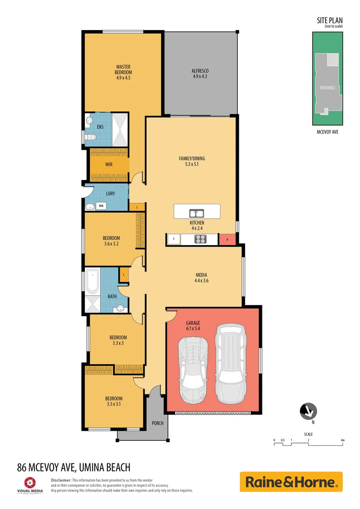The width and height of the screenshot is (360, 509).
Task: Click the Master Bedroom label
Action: [x=123, y=72]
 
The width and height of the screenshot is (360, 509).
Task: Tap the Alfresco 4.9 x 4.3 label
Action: [x=200, y=73]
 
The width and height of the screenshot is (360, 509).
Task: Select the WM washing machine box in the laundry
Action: [x=101, y=206]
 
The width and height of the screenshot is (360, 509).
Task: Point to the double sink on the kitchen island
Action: [x=196, y=213]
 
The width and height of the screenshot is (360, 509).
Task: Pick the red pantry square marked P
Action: [x=227, y=239]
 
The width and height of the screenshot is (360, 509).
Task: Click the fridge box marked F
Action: [x=173, y=239]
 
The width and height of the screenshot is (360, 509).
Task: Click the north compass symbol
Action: [x=309, y=411]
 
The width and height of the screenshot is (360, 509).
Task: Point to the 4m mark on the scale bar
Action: [x=343, y=440]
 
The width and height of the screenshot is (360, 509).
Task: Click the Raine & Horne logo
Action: [x=291, y=482]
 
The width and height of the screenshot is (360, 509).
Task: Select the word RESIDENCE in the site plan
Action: [x=327, y=88]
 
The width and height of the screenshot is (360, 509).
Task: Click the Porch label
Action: [x=157, y=423]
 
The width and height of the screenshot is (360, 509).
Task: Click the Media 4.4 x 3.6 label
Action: [x=202, y=278]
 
